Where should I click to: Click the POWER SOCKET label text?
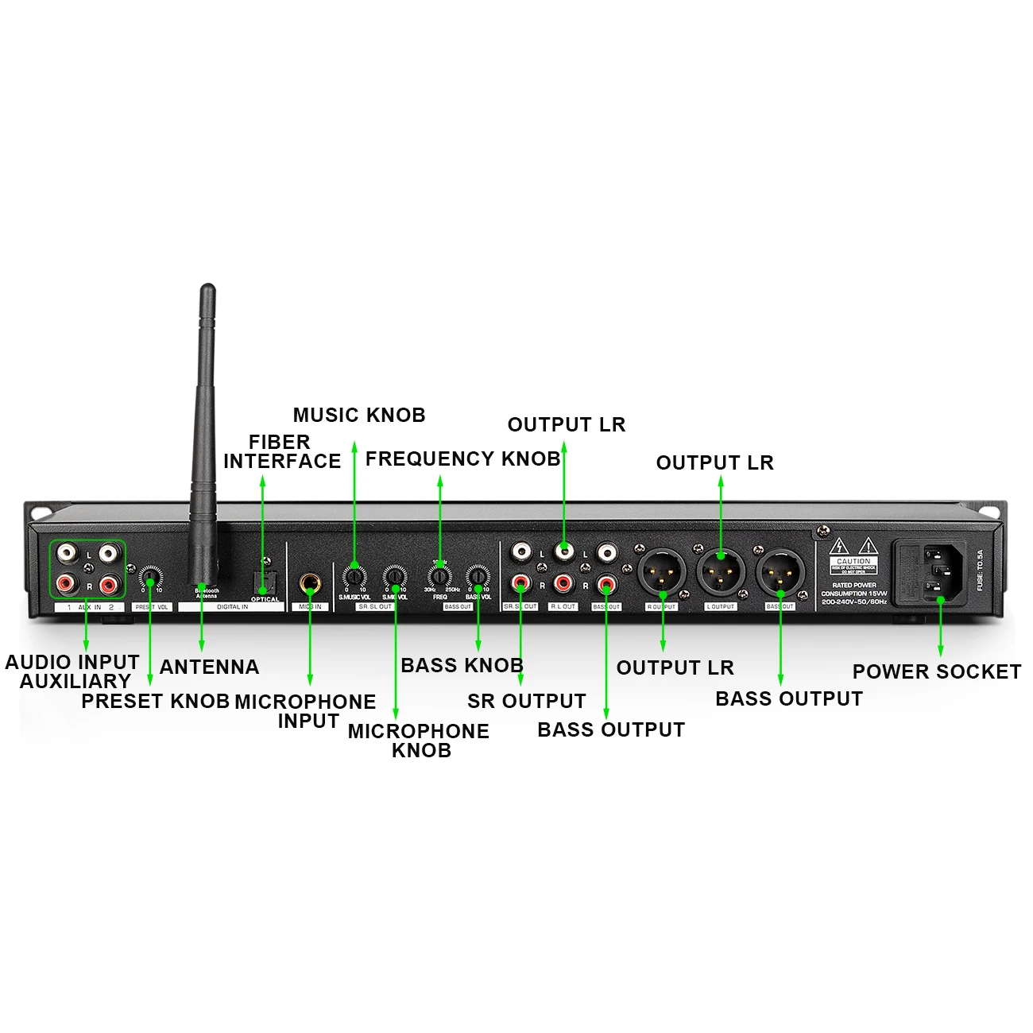[936, 672]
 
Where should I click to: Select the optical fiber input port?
[263, 583]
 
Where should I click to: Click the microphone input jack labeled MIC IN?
[310, 585]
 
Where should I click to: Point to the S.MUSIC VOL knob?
[354, 576]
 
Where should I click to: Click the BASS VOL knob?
[478, 575]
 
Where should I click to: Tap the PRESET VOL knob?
[149, 576]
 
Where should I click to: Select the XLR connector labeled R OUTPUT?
[661, 571]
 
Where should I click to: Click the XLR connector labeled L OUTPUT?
[721, 571]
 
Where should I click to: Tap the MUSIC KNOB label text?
[359, 416]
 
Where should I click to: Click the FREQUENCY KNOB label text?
[462, 459]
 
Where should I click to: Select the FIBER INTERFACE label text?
[281, 451]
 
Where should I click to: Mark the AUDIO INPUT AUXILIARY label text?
[73, 671]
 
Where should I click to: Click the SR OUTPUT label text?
[526, 702]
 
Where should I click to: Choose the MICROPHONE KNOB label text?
[419, 741]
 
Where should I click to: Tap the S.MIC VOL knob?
[395, 575]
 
